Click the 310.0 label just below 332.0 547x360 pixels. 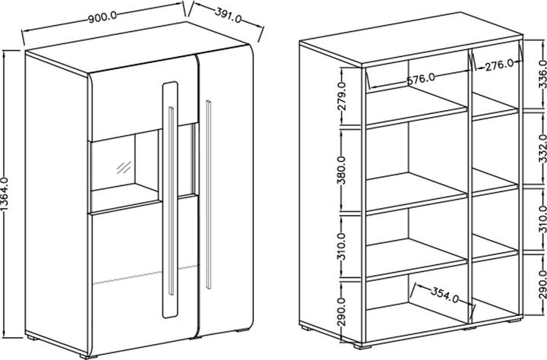[540, 218]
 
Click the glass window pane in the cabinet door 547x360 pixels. [125, 163]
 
